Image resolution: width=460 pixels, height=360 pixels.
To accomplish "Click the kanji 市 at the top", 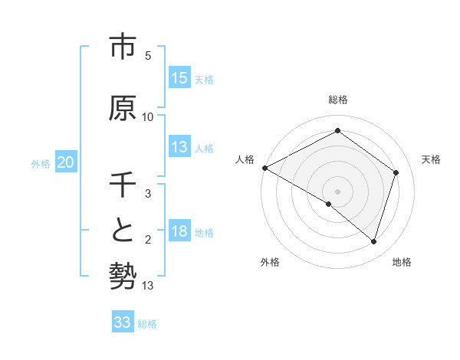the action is point(123,47).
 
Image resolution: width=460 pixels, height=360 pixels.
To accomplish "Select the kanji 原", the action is point(123,108).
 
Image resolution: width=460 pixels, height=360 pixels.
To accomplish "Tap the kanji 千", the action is point(123,185).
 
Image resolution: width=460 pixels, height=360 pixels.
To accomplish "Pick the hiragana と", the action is point(123,230).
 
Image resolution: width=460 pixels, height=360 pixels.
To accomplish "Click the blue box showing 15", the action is point(179,78).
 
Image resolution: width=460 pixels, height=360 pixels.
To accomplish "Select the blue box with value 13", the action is point(179,147).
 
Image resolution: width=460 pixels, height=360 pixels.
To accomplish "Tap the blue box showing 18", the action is point(179,232).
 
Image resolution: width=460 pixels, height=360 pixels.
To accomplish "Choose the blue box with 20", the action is point(66,162).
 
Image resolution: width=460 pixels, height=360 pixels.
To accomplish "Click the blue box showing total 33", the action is point(123,323).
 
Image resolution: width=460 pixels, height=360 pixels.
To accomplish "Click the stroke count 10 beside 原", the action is point(148,117).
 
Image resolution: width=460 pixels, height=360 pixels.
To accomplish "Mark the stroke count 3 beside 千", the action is point(148,194).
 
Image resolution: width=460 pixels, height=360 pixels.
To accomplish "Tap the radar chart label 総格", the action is point(337,100).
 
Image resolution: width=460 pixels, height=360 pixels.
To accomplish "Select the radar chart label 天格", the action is point(431,159).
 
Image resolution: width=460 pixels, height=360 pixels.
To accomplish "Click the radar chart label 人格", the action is point(245,159).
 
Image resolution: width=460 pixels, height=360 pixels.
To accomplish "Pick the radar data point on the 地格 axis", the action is point(373,241).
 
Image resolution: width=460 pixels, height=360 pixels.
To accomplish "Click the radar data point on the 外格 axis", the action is point(329,204).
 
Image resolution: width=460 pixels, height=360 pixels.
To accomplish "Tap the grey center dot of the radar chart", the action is point(337,191).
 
